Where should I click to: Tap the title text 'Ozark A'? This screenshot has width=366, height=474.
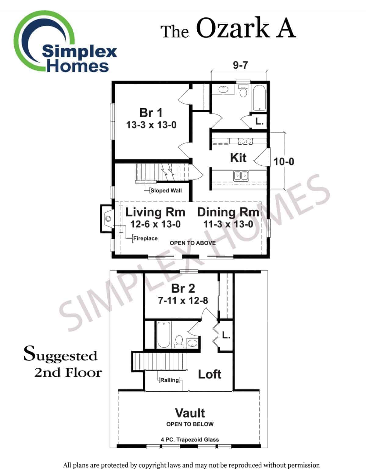[x=246, y=29]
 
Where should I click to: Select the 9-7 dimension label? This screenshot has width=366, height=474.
[x=240, y=65]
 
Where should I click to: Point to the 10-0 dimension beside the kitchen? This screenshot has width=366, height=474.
[x=284, y=161]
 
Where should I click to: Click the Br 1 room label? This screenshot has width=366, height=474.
[x=151, y=113]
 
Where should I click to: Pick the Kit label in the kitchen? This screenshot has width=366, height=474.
[x=238, y=157]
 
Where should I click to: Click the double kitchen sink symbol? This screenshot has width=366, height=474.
[x=241, y=175]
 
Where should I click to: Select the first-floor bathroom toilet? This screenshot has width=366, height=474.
[x=243, y=91]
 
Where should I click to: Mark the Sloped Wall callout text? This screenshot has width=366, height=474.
[x=166, y=190]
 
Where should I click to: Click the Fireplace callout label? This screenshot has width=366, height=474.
[x=145, y=238]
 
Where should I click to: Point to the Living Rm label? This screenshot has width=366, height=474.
[x=155, y=212]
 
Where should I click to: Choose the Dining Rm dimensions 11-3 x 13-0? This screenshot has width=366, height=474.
[x=228, y=224]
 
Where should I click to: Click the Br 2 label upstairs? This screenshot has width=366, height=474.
[x=183, y=288]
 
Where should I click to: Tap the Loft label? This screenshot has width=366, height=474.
[x=210, y=374]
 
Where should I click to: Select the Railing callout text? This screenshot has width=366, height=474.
[x=170, y=380]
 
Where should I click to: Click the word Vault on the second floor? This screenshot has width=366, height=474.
[x=190, y=413]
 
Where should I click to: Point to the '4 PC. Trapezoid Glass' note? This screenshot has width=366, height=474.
[x=190, y=440]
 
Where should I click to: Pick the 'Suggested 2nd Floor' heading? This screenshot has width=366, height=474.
[x=63, y=363]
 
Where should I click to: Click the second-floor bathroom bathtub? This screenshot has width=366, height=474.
[x=163, y=335]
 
